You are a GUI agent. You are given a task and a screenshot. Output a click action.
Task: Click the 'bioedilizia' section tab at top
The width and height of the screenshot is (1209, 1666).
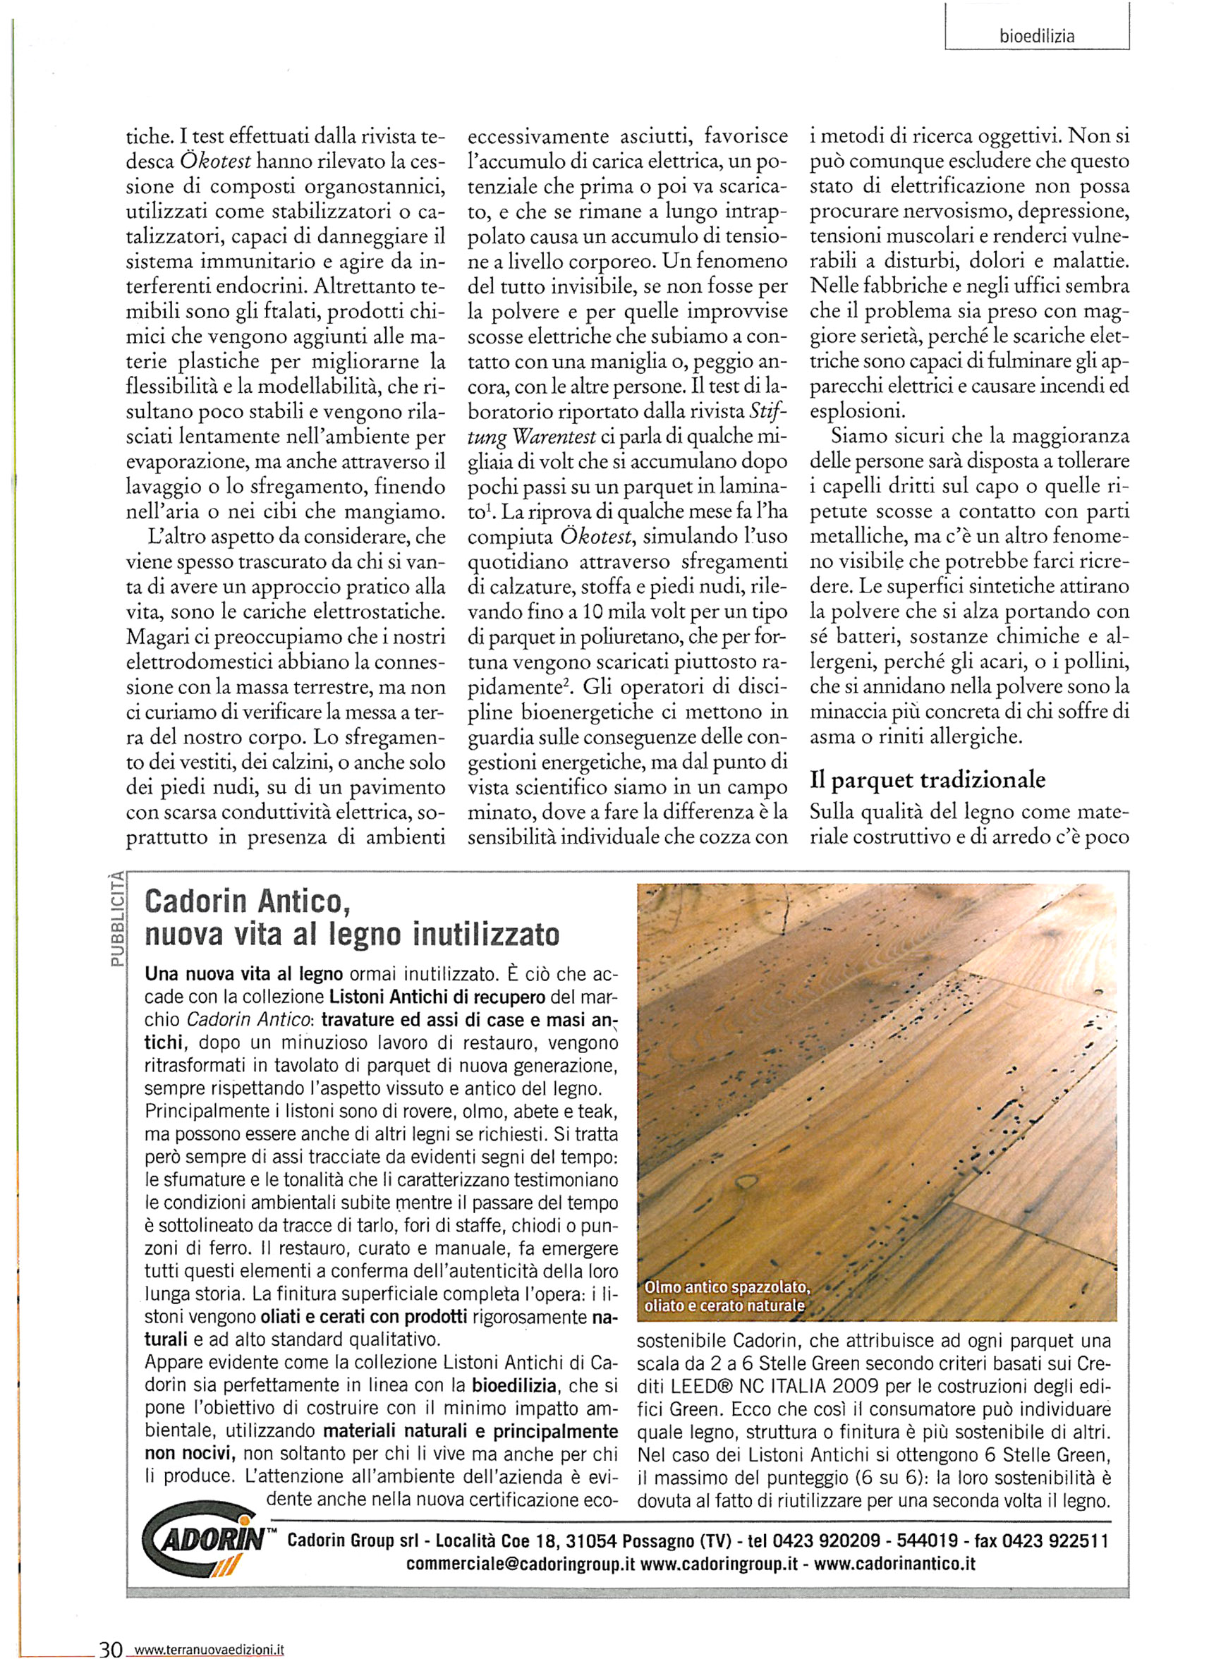tap(1036, 36)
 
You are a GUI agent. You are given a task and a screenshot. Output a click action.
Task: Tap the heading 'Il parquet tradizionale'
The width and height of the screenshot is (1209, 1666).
tap(927, 779)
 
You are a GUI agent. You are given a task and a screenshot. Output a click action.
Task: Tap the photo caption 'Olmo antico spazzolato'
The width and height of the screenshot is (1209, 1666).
tap(727, 1288)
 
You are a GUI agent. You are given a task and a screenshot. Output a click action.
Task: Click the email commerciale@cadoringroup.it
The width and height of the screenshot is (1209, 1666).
tap(520, 1564)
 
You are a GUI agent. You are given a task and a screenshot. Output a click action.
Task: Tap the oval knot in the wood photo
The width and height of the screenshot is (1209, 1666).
tap(747, 1181)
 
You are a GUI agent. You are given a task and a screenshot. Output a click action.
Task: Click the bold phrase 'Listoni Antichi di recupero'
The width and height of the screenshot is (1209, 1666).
tap(437, 997)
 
